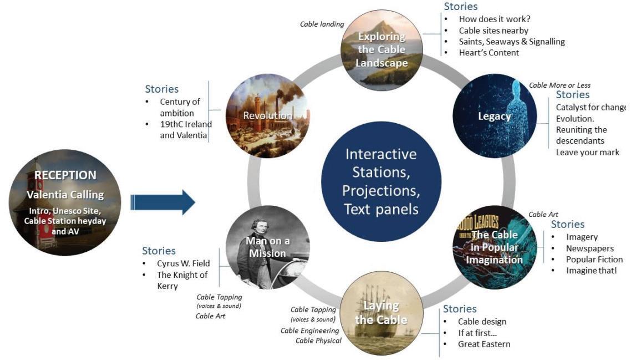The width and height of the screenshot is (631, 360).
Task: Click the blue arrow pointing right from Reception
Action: point(162,202)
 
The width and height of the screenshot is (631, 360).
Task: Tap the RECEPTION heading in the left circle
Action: point(65,175)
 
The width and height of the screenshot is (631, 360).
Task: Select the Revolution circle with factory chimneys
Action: point(267,116)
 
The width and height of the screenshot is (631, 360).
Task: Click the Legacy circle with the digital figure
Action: point(495,116)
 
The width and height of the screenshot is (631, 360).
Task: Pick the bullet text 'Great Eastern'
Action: point(484,344)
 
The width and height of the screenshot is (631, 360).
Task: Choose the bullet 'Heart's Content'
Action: point(489,53)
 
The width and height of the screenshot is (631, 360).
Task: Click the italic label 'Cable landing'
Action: point(322,24)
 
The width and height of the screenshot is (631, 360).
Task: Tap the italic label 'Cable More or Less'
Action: point(559,85)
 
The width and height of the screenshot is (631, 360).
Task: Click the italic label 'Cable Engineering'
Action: point(309,331)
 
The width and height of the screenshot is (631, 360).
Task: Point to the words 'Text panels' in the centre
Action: point(380,209)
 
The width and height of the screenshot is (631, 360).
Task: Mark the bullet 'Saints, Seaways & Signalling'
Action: point(512,42)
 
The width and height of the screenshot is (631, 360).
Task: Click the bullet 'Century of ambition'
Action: point(180,108)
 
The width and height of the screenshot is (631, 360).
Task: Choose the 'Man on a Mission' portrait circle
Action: point(268,247)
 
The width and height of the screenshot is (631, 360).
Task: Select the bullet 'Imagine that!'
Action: point(592,270)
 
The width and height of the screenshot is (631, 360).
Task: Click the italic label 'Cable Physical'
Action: point(318,341)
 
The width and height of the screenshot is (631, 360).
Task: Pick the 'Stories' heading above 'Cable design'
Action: point(460,308)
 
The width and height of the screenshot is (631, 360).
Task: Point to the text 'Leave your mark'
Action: point(588,152)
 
